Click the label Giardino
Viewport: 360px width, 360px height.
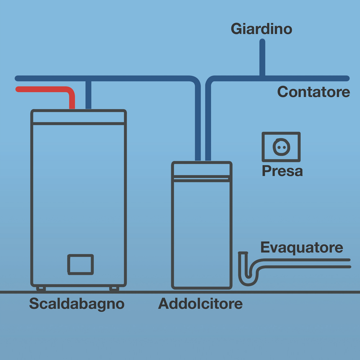click(x=261, y=29)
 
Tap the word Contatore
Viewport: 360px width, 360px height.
click(x=313, y=92)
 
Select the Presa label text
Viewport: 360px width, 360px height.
click(x=282, y=171)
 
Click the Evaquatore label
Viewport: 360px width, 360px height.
click(x=301, y=247)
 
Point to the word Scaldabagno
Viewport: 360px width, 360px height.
click(x=76, y=304)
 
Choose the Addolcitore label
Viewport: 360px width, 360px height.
click(x=200, y=304)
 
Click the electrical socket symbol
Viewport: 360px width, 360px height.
click(x=281, y=146)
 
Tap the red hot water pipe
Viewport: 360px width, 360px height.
click(x=45, y=89)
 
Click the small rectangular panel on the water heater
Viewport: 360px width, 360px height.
click(x=81, y=264)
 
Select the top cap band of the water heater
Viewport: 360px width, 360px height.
click(x=78, y=117)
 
